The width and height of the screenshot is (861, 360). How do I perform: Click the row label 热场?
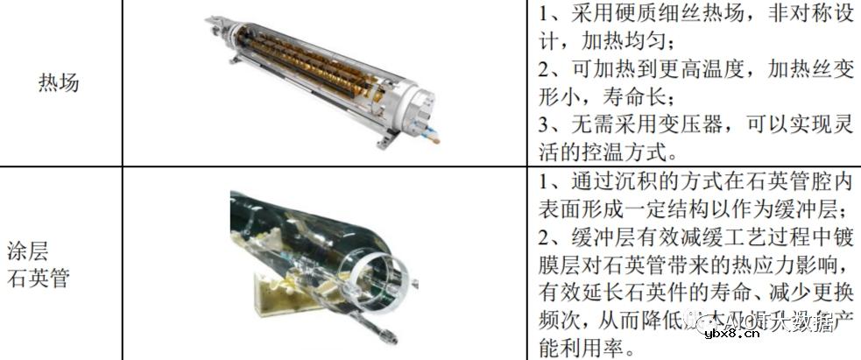(x=59, y=83)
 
